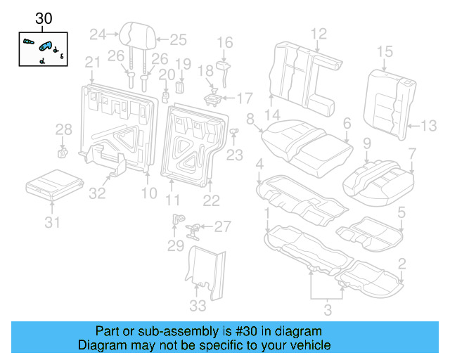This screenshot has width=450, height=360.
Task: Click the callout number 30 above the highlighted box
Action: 44,20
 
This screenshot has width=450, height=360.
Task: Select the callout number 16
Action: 224,44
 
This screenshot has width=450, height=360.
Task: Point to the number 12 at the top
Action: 319,33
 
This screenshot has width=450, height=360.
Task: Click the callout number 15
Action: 384,51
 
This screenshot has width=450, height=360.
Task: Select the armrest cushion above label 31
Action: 53,184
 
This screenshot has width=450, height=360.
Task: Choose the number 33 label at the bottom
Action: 198,305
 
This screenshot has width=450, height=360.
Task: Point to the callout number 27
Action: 222,226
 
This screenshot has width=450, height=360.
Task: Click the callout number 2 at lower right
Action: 401,264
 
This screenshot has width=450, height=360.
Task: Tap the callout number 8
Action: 250,119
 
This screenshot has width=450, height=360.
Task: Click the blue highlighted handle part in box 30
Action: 46,47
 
